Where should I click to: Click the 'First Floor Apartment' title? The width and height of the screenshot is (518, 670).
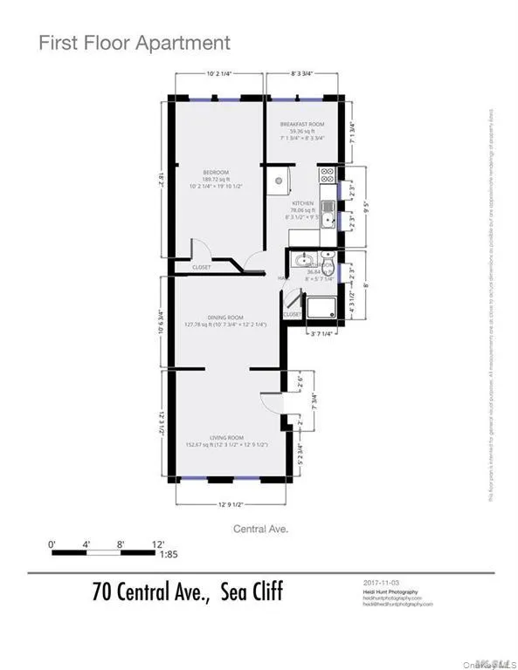pyautogui.click(x=135, y=43)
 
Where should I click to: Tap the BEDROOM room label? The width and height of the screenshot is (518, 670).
pyautogui.click(x=215, y=172)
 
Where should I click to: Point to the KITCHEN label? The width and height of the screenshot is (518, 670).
pyautogui.click(x=303, y=203)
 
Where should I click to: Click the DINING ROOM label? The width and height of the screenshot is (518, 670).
pyautogui.click(x=225, y=318)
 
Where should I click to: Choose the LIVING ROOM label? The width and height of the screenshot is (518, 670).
pyautogui.click(x=225, y=437)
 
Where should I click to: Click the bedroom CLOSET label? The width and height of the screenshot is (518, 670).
pyautogui.click(x=190, y=267)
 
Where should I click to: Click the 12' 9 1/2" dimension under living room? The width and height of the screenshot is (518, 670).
pyautogui.click(x=231, y=502)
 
